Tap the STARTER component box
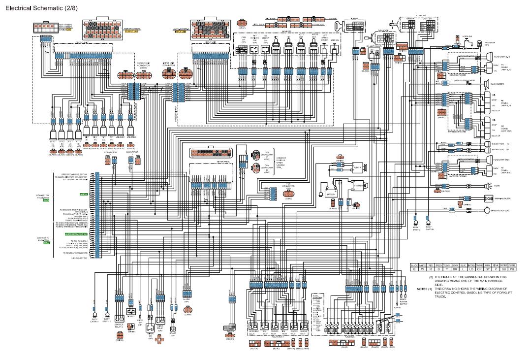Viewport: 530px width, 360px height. pyautogui.click(x=357, y=186)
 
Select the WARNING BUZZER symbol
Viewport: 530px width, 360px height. pyautogui.click(x=489, y=198)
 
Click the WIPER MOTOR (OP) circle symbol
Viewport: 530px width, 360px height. pyautogui.click(x=487, y=210)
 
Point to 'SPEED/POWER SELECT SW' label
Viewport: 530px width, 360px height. pyautogui.click(x=74, y=173)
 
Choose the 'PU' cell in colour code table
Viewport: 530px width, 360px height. pyautogui.click(x=512, y=270)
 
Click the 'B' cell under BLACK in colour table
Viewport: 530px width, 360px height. pyautogui.click(x=414, y=270)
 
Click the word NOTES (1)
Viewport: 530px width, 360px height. pyautogui.click(x=424, y=288)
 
